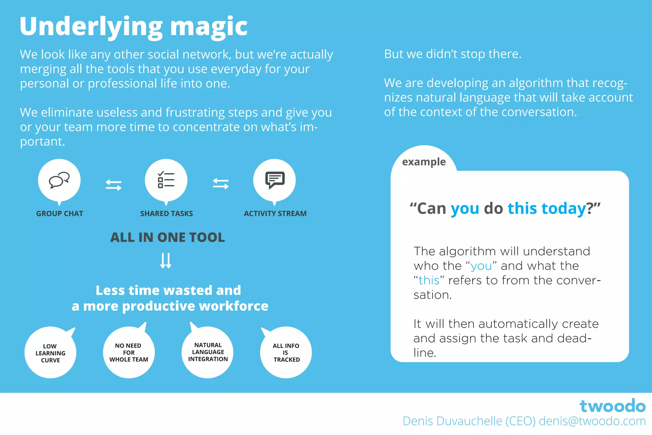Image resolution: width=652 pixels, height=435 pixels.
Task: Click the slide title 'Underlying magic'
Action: [133, 27]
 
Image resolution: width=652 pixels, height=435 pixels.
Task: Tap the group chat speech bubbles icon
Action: [59, 180]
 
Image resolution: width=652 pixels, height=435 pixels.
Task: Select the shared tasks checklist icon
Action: [166, 180]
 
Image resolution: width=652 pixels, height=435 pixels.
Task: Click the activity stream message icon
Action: [275, 180]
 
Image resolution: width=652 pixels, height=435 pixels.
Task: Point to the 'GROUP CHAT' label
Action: [60, 214]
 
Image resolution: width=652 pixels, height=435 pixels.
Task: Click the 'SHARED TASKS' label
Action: [167, 214]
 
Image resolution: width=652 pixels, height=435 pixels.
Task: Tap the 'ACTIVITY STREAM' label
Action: [275, 214]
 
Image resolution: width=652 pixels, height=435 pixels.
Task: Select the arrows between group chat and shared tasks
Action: [113, 185]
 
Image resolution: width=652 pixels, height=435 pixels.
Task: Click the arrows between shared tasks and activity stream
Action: [221, 184]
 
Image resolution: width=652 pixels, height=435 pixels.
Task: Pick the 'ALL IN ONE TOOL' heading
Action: [167, 237]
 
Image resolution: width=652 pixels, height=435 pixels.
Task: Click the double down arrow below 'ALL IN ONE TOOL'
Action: [166, 261]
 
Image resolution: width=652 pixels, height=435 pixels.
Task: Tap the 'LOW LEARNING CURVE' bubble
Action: [50, 353]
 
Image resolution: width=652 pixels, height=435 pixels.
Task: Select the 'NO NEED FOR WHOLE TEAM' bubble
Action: [129, 352]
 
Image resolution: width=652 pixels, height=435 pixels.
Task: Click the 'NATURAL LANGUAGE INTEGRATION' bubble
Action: [208, 352]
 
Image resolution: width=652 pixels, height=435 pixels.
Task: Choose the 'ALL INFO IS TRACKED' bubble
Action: [286, 352]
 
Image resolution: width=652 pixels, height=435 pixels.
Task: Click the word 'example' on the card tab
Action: [424, 162]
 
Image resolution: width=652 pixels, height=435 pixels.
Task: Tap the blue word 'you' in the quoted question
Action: [465, 209]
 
